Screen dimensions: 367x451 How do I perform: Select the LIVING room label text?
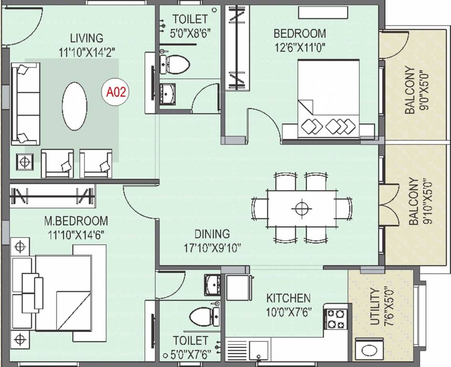point(86,38)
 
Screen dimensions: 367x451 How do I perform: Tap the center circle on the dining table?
point(301,208)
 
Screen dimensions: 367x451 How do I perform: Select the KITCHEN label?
point(288,298)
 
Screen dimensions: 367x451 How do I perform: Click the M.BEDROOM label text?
point(76,221)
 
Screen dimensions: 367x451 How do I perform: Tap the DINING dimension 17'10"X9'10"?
point(212,248)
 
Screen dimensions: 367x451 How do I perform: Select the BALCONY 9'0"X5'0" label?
point(414,90)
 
